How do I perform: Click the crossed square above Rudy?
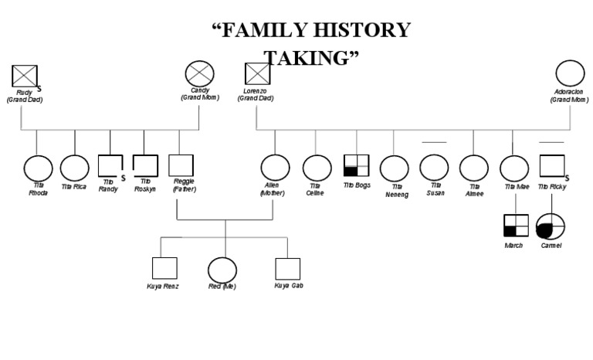tap(25, 76)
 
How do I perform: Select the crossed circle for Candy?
tap(199, 75)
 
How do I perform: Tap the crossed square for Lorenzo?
tap(257, 74)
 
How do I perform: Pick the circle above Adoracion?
tap(570, 74)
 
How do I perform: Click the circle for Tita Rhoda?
tap(38, 168)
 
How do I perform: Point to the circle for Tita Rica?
tap(75, 168)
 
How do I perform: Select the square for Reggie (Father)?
tap(181, 165)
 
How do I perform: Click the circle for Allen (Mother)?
tap(275, 168)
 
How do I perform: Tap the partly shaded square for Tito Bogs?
tap(356, 165)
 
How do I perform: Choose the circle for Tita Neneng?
tap(395, 168)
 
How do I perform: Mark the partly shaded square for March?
tap(516, 225)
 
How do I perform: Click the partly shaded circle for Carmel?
tap(551, 226)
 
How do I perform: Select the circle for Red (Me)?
tap(222, 270)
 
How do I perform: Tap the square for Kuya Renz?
tap(164, 268)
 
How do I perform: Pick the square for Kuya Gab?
tap(287, 268)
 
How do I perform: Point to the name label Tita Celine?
tap(315, 188)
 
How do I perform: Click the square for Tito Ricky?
tap(551, 166)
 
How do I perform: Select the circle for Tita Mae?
tap(514, 168)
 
